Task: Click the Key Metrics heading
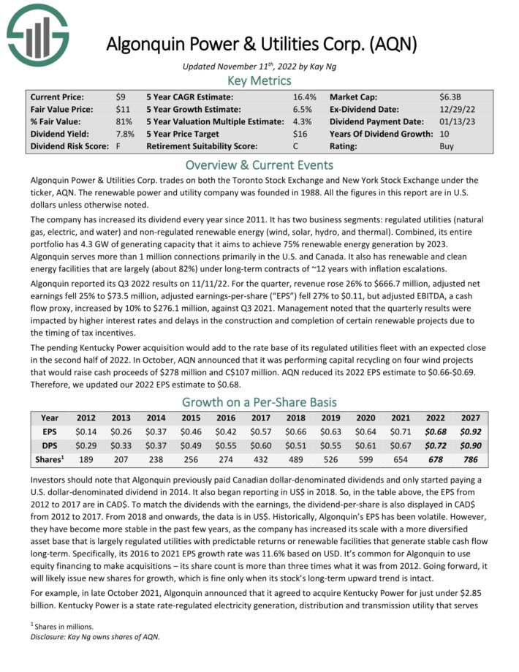click(259, 80)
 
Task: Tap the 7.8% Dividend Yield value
click(124, 134)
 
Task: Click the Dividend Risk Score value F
click(118, 146)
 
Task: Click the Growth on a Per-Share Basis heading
click(259, 402)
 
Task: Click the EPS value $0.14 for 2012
click(86, 431)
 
